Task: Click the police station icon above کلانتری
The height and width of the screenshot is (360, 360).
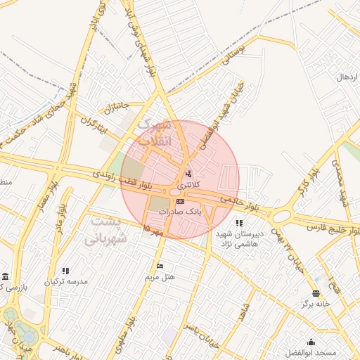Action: coord(187,174)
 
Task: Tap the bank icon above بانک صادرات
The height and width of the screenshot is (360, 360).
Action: coord(180,202)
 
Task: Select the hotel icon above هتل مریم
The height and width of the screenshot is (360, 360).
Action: coord(160,266)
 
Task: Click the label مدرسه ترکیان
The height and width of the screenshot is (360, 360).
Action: coord(66,281)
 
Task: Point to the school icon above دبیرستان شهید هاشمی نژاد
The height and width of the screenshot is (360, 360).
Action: coord(239,223)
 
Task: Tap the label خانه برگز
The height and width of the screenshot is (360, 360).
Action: coord(316,304)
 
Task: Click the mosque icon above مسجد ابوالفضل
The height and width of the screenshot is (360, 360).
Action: coord(311,342)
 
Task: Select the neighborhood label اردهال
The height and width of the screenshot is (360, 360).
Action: coord(348,76)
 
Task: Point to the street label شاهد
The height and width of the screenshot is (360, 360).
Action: coord(245,314)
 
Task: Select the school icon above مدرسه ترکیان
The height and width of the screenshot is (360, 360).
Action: coord(66,271)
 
